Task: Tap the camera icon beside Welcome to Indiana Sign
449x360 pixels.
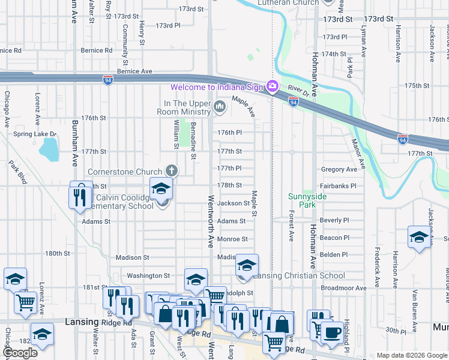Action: click(273, 87)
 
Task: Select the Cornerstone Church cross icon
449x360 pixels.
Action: click(172, 171)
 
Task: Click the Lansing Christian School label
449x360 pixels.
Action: click(299, 275)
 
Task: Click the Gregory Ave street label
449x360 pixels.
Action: click(339, 170)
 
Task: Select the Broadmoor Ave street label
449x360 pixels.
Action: click(343, 288)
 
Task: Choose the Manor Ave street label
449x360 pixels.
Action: click(358, 152)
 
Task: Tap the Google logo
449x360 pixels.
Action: click(20, 353)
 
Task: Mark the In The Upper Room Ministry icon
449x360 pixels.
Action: click(220, 107)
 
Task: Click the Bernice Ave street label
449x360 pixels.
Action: click(134, 71)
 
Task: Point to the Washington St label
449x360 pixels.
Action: click(148, 275)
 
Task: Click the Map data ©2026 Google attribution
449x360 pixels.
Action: click(412, 355)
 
